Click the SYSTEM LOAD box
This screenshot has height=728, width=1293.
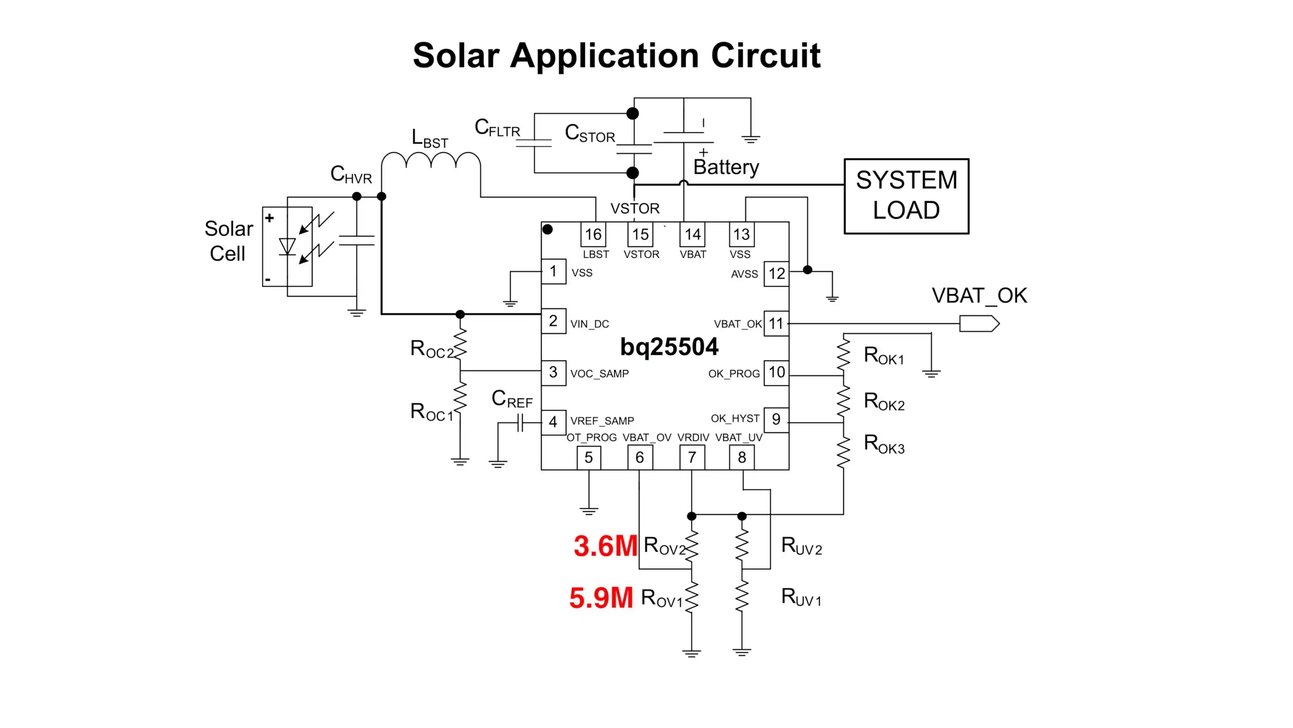(906, 196)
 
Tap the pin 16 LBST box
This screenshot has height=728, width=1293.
(593, 235)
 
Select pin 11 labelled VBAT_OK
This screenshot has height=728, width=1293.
(776, 324)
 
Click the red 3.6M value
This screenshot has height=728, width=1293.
(605, 547)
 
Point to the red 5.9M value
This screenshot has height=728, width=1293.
(601, 598)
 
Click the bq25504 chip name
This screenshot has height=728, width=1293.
(669, 347)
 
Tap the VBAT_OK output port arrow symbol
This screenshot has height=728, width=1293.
(979, 324)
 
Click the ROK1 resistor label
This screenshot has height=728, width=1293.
(883, 355)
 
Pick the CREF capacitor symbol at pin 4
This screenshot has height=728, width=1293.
(521, 423)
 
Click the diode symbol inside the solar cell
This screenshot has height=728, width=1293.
(287, 247)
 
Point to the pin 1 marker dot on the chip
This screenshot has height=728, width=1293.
(548, 230)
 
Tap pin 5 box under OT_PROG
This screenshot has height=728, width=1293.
(588, 458)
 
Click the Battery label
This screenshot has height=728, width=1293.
(726, 167)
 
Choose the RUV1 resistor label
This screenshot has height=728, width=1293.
(801, 597)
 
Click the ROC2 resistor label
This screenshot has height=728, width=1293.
(432, 349)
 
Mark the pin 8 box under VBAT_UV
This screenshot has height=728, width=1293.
(741, 458)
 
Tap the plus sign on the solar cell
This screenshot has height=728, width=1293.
(270, 218)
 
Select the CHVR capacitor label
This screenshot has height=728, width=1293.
(351, 174)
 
